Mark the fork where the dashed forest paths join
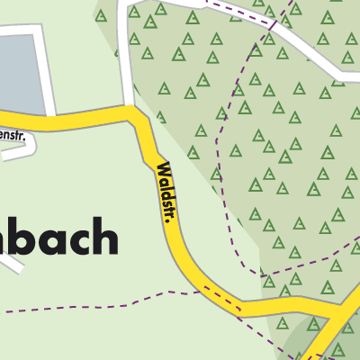tap(261, 270)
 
